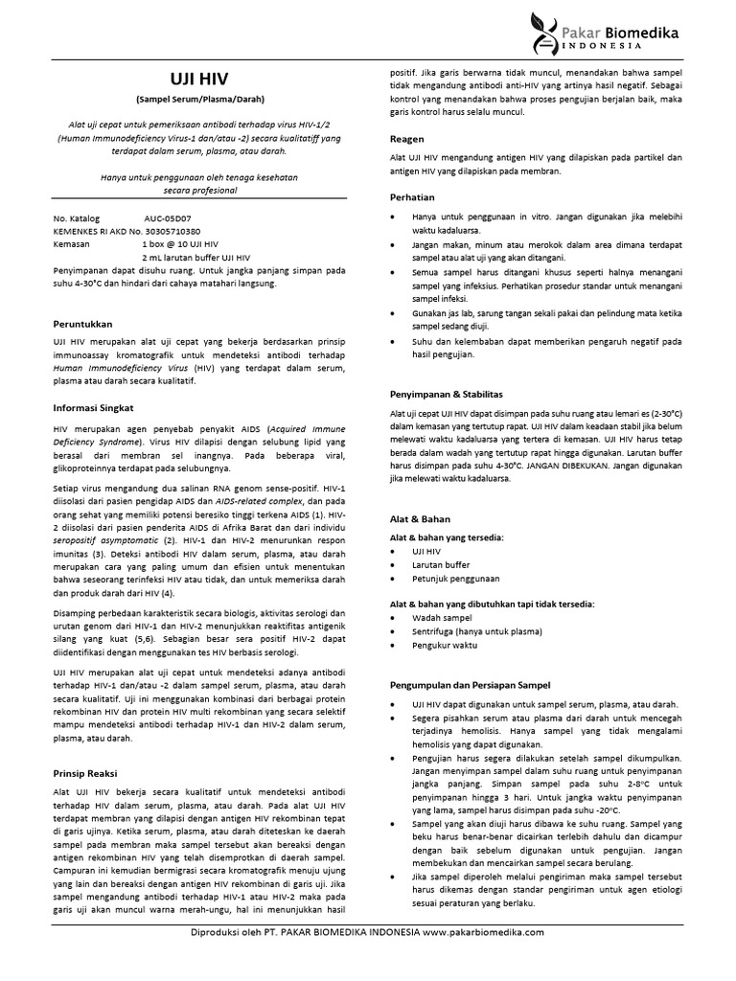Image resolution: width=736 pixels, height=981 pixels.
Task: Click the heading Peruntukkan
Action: [x=84, y=324]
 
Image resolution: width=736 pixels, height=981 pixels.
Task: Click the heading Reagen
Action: [x=408, y=137]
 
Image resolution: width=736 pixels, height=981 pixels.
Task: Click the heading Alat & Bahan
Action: [x=420, y=518]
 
